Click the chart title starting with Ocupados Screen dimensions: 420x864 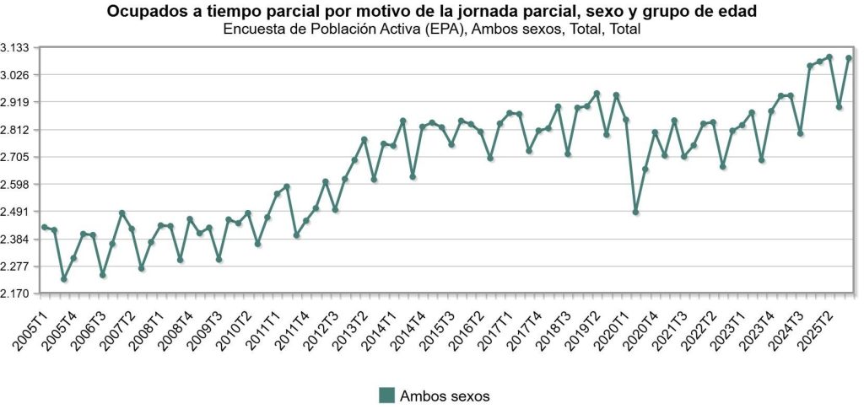tap(432, 12)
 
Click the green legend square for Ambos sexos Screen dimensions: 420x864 tap(386, 395)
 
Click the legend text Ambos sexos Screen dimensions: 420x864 tap(445, 395)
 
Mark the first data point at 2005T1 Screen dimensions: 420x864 tap(45, 228)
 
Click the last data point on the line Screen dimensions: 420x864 tap(849, 58)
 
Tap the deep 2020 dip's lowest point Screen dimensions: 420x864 tap(636, 212)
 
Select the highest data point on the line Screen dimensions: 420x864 tap(829, 57)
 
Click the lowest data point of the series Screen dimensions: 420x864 tap(64, 279)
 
